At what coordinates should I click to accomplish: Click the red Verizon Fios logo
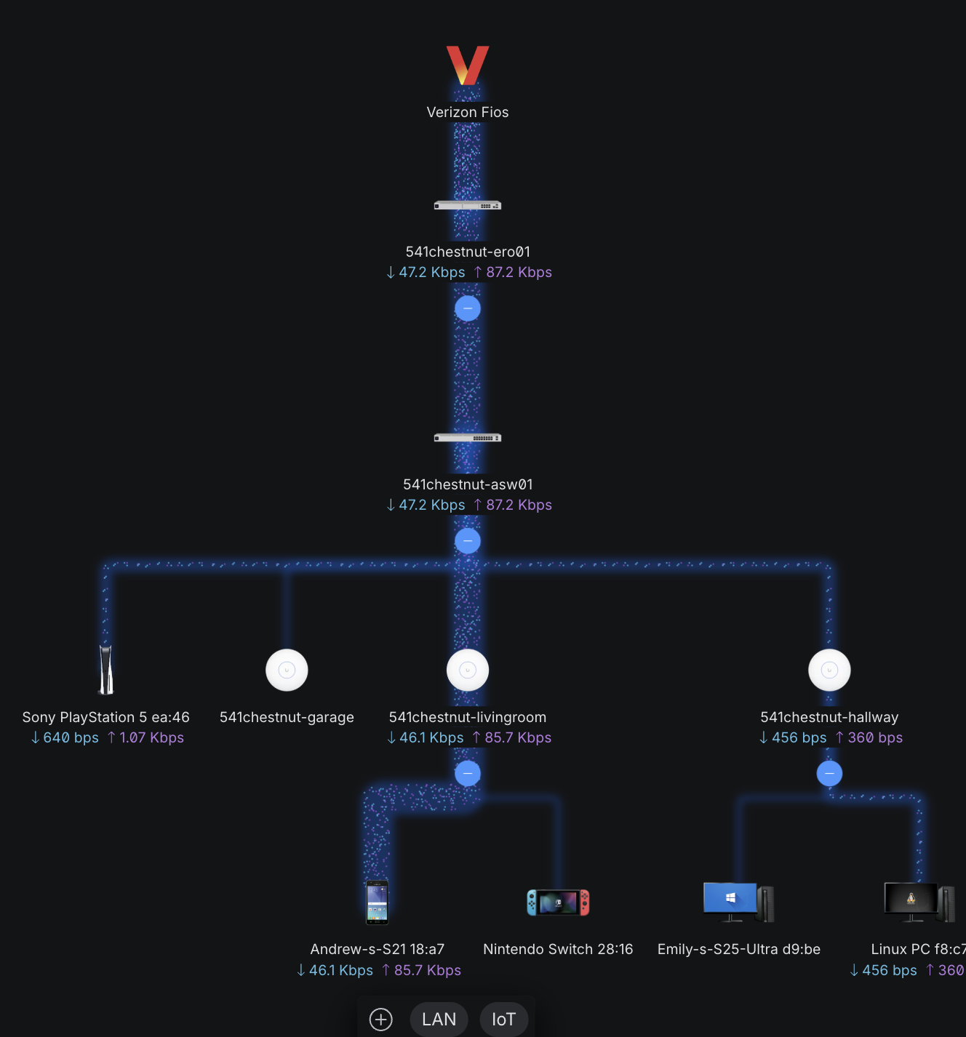(x=468, y=65)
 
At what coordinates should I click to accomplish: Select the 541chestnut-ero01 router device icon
(x=468, y=206)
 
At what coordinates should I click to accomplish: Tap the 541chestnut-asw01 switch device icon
(x=468, y=438)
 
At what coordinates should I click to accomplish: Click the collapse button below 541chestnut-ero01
(x=468, y=308)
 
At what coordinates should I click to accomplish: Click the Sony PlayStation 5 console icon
(x=106, y=670)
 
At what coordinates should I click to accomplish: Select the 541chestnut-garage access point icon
(x=287, y=670)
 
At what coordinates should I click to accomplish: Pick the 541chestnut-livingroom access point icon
(x=468, y=670)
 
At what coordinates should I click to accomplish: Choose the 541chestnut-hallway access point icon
(x=829, y=670)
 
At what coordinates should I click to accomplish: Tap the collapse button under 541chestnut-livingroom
(x=468, y=773)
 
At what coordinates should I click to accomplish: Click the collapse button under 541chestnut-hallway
(x=829, y=773)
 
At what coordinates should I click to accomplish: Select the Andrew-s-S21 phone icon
(x=378, y=902)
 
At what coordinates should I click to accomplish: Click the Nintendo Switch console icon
(x=558, y=902)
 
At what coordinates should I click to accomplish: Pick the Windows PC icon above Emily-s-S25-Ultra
(x=739, y=902)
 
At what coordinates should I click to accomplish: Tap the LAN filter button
(x=439, y=1020)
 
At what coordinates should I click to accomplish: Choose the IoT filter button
(x=503, y=1020)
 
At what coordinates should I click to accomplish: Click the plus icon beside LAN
(x=381, y=1020)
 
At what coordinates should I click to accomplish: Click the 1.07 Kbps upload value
(x=151, y=737)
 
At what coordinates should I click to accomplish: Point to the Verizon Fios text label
(x=468, y=112)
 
